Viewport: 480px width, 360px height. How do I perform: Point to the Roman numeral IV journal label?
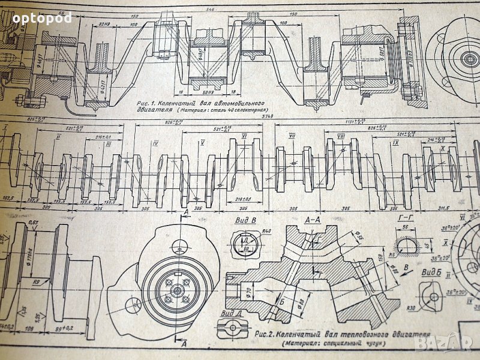pyautogui.click(x=155, y=144)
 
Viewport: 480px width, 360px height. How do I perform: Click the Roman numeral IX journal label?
pyautogui.click(x=396, y=144)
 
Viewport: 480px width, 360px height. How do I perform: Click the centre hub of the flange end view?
pyautogui.click(x=178, y=291)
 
